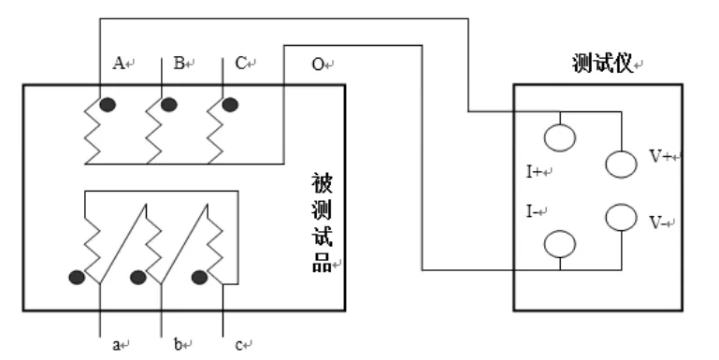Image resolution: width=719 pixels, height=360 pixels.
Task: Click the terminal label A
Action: pyautogui.click(x=119, y=64)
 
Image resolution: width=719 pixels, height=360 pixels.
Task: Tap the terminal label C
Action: pyautogui.click(x=240, y=64)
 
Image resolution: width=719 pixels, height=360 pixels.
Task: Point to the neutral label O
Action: pyautogui.click(x=318, y=64)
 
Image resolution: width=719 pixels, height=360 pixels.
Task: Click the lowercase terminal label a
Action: pyautogui.click(x=118, y=345)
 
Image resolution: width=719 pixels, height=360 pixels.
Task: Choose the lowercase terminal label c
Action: pyautogui.click(x=239, y=345)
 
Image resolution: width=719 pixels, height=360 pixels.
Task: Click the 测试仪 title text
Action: pyautogui.click(x=602, y=64)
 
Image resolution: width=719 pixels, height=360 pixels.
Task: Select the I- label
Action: pyautogui.click(x=533, y=212)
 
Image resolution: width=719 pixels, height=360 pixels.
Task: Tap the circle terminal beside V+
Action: pyautogui.click(x=621, y=163)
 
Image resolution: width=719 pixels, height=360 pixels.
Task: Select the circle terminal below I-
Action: pyautogui.click(x=559, y=243)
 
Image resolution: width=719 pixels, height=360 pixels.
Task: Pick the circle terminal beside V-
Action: pyautogui.click(x=621, y=217)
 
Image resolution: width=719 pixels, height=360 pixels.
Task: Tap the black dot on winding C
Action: pyautogui.click(x=229, y=104)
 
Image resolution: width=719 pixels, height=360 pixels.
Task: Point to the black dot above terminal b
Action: pyautogui.click(x=138, y=277)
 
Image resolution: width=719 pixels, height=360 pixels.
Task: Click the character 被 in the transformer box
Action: pyautogui.click(x=322, y=181)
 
